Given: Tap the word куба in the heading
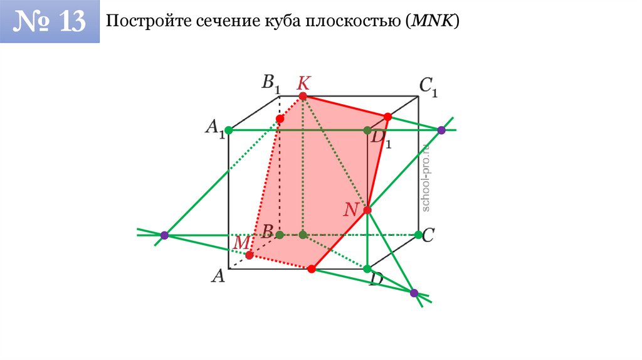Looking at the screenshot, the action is coord(281,22).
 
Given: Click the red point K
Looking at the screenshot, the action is coord(303,96).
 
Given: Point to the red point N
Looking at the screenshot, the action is coord(367,209).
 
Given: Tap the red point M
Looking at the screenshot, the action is coord(250,255).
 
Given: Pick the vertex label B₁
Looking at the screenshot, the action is coord(270,83).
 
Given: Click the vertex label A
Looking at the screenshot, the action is coord(218,276).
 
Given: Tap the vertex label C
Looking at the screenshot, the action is coord(429,235).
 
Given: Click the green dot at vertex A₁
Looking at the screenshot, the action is coord(228,130).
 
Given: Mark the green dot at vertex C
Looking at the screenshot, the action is coord(418,235).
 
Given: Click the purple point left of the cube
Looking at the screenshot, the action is coord(164,235).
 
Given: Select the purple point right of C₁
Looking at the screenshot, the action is coord(441,130).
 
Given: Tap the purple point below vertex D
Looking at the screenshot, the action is coord(413,293).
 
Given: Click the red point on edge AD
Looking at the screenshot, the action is coord(311,268).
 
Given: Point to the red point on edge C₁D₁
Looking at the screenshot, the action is coord(387,117).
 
